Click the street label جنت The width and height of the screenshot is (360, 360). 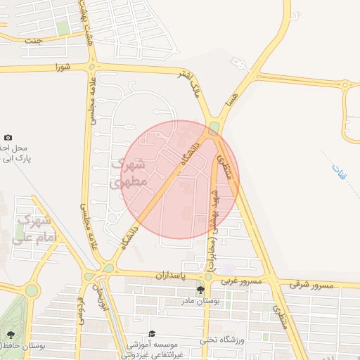pos(33,41)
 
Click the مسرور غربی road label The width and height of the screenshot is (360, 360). pos(242,281)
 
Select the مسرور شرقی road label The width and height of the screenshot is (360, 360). pos(310,285)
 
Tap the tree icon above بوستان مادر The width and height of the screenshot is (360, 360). pos(200,290)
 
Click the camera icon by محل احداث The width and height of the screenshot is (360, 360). pos(8,137)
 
